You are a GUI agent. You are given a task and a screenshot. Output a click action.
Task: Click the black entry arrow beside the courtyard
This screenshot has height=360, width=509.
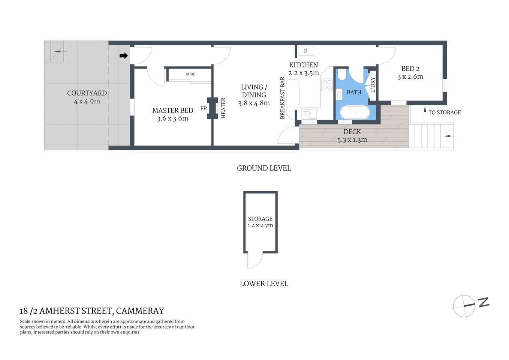pyautogui.click(x=123, y=56)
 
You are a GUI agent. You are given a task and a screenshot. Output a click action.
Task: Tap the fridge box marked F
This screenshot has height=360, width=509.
pyautogui.click(x=305, y=51)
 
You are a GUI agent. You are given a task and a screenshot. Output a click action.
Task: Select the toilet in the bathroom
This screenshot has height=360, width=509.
pyautogui.click(x=342, y=75)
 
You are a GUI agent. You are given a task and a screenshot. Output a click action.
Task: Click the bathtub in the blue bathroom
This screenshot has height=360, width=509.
pyautogui.click(x=355, y=112)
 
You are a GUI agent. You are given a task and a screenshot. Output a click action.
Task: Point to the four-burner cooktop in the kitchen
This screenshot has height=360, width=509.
pyautogui.click(x=327, y=85)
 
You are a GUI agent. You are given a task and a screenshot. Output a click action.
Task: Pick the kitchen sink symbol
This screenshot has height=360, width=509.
pyautogui.click(x=310, y=113)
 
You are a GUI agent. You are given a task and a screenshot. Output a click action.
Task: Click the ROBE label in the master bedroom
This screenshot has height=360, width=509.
pyautogui.click(x=190, y=74)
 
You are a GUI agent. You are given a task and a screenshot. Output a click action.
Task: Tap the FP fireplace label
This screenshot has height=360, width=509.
pyautogui.click(x=203, y=108)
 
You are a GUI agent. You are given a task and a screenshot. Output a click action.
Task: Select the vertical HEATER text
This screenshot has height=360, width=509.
pyautogui.click(x=223, y=108)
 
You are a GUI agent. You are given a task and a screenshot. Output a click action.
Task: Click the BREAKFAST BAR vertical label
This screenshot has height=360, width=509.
pyautogui.click(x=283, y=98)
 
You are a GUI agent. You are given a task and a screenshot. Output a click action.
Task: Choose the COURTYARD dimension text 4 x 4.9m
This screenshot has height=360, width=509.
pyautogui.click(x=87, y=102)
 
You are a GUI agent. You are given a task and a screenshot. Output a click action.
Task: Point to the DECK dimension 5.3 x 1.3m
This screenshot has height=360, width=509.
pyautogui.click(x=352, y=140)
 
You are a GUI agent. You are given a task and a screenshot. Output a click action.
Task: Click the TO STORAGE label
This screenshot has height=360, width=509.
pyautogui.click(x=445, y=112)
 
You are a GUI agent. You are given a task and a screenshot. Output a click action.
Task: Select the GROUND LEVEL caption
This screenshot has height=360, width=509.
pyautogui.click(x=264, y=168)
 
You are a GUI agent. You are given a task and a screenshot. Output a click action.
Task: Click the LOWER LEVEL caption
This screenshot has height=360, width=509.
pyautogui.click(x=264, y=284)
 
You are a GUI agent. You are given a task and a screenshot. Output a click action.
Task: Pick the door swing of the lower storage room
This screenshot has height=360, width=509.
pyautogui.click(x=254, y=261)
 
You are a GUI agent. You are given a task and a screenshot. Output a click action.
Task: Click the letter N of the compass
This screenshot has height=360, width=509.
pyautogui.click(x=484, y=302)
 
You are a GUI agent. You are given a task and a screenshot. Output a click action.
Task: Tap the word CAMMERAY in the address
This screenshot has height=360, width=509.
pyautogui.click(x=140, y=311)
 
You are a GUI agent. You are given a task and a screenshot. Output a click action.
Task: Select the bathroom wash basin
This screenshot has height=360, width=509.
pyautogui.click(x=339, y=94)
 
